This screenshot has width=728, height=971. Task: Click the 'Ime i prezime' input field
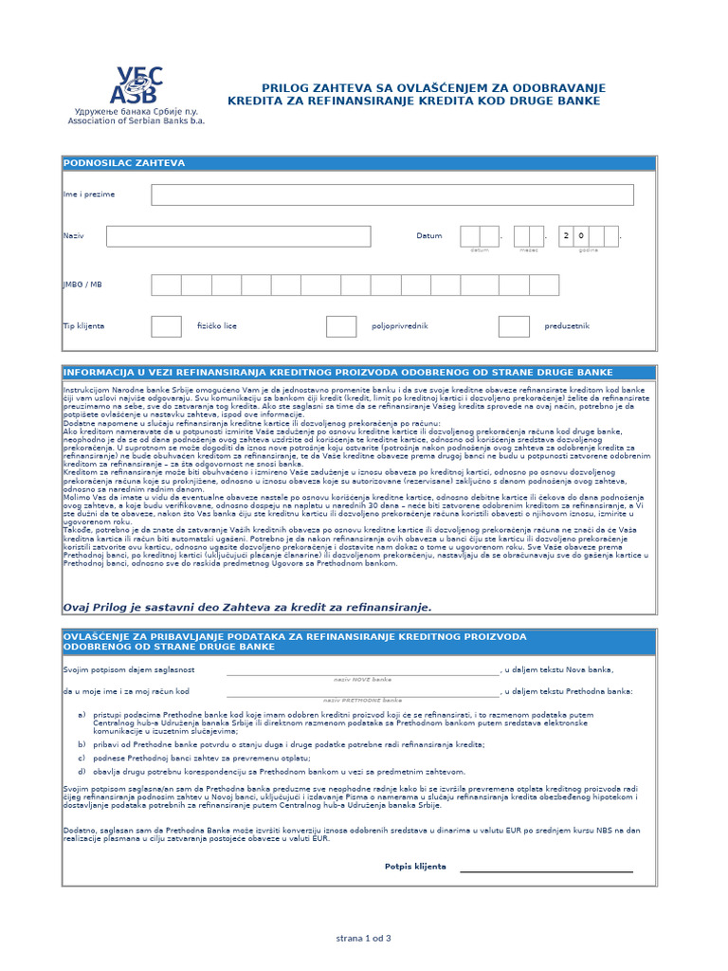392,194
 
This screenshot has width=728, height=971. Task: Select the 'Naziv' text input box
238,236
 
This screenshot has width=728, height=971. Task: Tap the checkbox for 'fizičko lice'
166,326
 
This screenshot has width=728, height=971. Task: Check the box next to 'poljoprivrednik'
341,326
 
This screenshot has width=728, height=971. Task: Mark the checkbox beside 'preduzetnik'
514,326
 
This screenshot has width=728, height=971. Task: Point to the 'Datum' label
428,236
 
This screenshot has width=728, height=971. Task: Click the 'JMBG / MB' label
82,284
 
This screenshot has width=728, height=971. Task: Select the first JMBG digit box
166,284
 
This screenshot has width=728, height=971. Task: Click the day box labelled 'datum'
480,236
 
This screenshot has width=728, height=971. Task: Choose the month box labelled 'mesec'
528,236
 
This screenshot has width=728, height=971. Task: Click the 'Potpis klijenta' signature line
546,869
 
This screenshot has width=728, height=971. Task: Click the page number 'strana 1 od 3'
364,939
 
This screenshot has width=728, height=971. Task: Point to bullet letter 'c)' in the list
82,759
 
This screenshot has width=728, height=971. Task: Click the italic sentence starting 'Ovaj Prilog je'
246,607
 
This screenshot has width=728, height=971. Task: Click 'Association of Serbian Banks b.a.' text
136,121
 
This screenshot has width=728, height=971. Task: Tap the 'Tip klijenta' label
83,326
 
